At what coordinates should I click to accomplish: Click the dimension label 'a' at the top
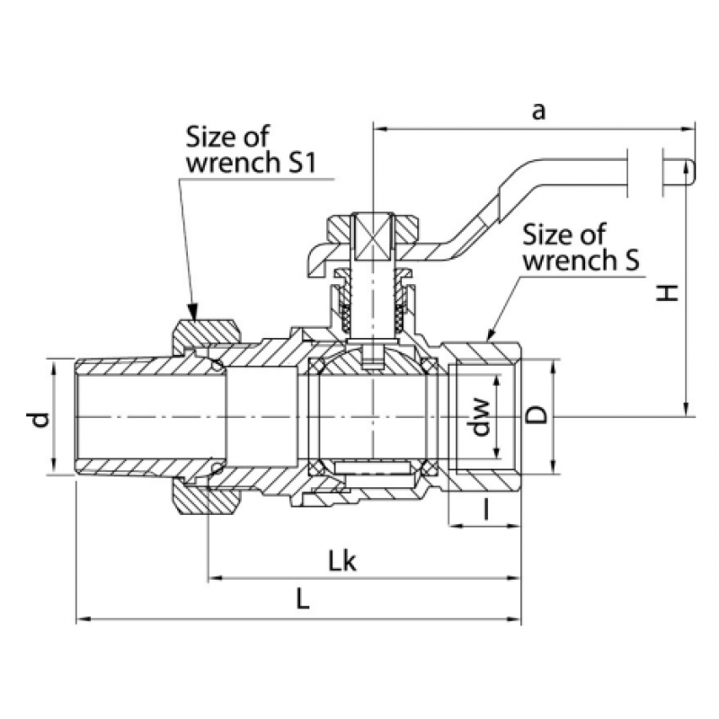pos(538,111)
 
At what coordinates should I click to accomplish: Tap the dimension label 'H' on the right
pos(667,293)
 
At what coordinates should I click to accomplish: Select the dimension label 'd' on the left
pos(40,419)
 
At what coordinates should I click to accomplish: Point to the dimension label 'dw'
pos(481,417)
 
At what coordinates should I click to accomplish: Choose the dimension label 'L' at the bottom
pos(303,599)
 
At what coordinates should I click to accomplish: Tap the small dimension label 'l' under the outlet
pos(486,510)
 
